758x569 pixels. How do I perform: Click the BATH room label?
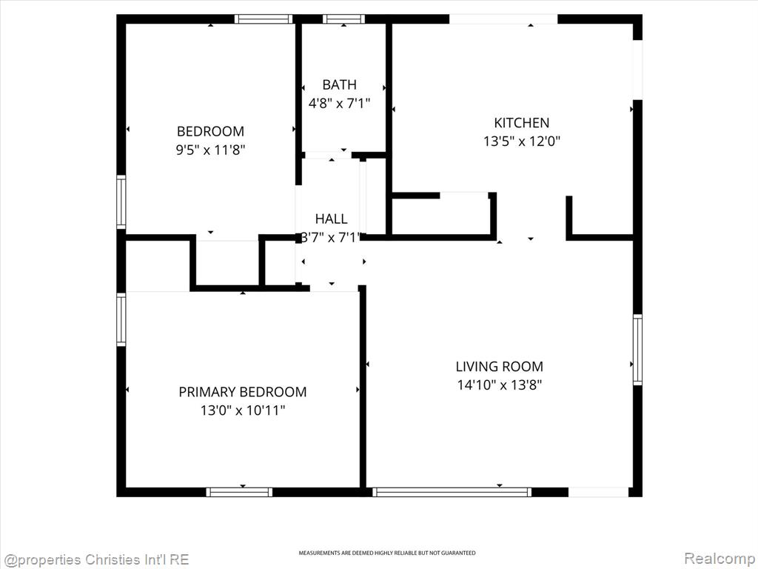click(x=339, y=85)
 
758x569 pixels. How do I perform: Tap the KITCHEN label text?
click(x=521, y=123)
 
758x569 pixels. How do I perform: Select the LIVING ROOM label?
click(x=499, y=366)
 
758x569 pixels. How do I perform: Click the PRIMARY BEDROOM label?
click(x=242, y=392)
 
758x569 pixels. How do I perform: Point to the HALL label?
click(x=331, y=219)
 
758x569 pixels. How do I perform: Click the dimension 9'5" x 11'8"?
click(x=210, y=150)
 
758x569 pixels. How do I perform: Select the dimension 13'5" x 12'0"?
click(x=521, y=142)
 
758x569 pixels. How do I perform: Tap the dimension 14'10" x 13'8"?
click(x=499, y=385)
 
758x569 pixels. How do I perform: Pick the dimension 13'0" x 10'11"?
click(x=242, y=410)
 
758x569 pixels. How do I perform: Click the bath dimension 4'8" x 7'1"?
click(x=339, y=104)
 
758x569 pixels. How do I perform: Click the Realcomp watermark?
click(x=719, y=558)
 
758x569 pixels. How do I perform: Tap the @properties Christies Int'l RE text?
click(x=95, y=559)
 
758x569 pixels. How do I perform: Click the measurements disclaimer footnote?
click(x=386, y=553)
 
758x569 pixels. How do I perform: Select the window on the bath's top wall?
click(x=344, y=19)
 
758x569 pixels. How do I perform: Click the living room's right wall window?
click(x=637, y=350)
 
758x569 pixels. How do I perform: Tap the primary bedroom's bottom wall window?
click(x=239, y=492)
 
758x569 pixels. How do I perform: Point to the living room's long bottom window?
click(x=452, y=492)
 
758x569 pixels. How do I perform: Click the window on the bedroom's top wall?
click(x=264, y=19)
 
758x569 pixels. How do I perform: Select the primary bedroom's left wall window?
click(x=121, y=319)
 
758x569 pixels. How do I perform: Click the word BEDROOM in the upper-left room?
click(x=210, y=131)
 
